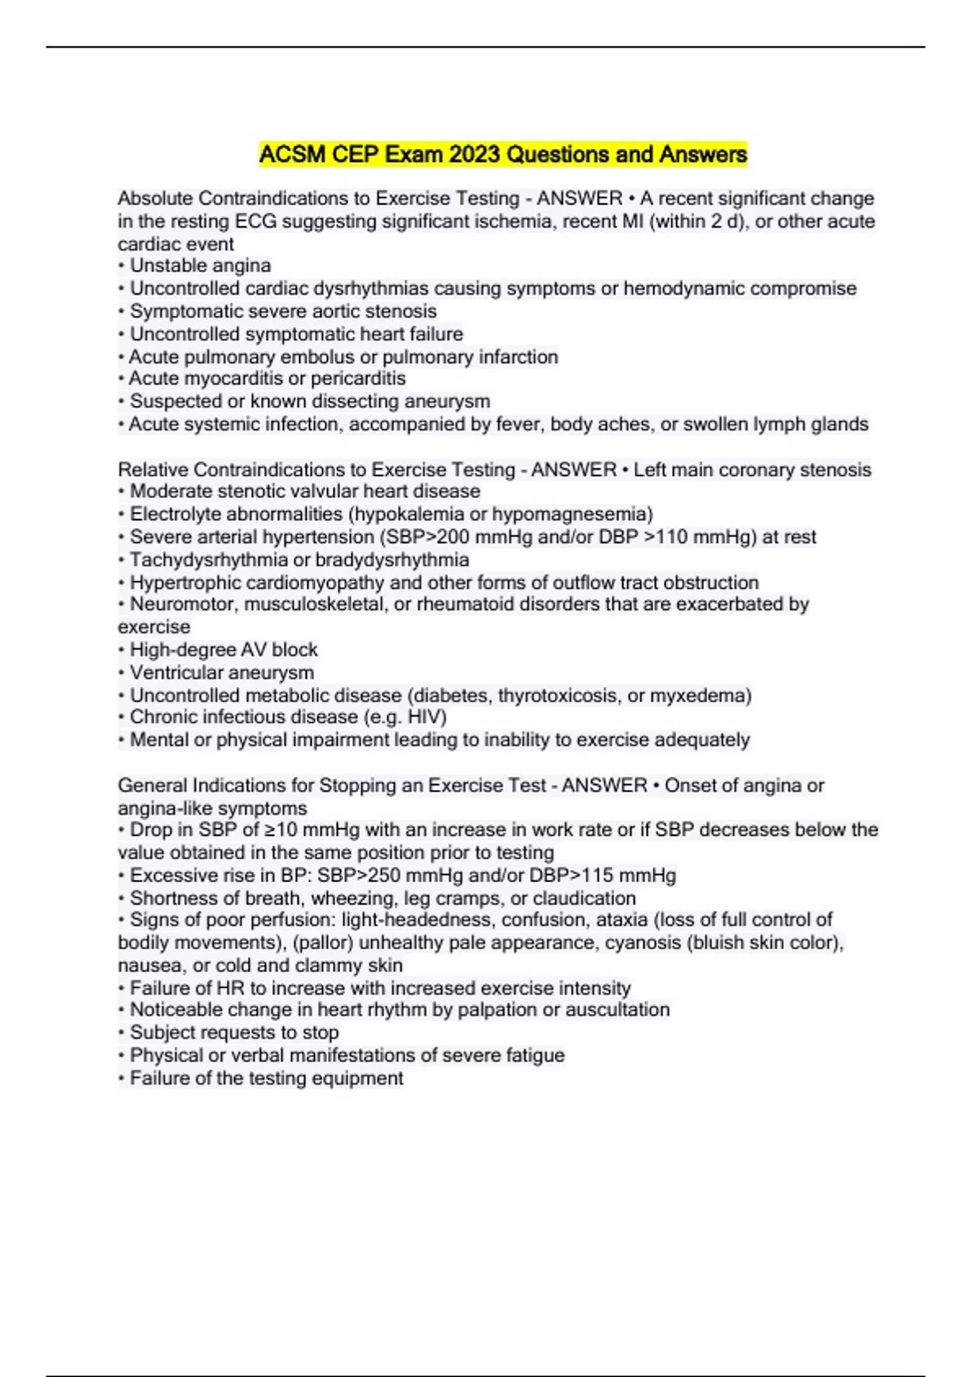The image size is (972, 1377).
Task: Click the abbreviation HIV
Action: (x=427, y=717)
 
